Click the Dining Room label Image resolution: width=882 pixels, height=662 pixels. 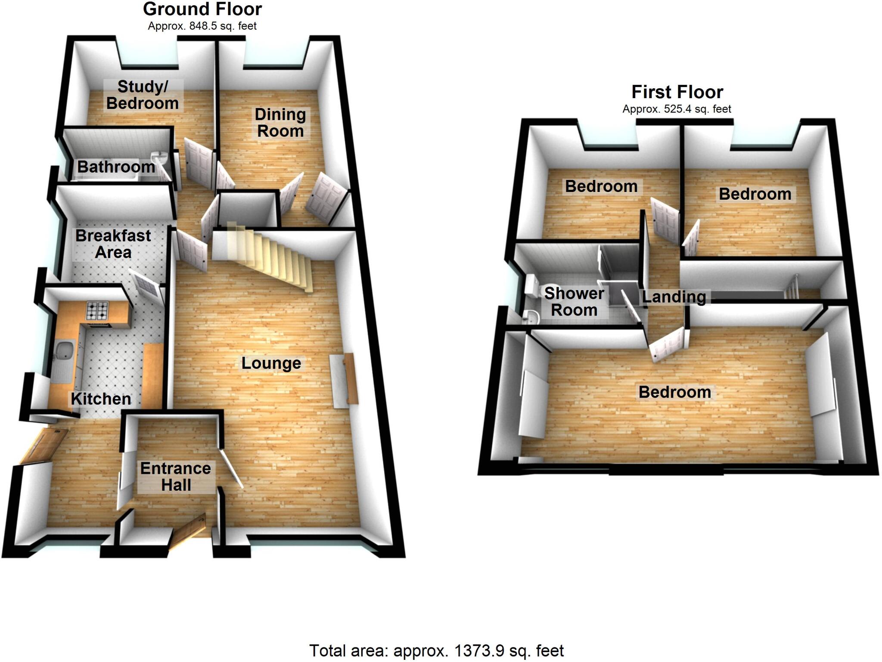[x=280, y=123]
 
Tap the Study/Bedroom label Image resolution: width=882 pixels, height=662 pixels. [x=143, y=95]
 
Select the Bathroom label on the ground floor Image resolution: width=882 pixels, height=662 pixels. [x=116, y=167]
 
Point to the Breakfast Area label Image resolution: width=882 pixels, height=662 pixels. [x=113, y=244]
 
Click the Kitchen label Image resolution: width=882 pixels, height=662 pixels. [x=101, y=399]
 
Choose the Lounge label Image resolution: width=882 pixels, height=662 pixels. [x=271, y=363]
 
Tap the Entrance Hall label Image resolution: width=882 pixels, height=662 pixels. [x=176, y=476]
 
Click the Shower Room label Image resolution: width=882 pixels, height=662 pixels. [x=574, y=302]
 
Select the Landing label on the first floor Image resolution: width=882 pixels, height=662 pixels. [x=674, y=297]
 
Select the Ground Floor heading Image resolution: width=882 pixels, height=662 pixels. [x=202, y=9]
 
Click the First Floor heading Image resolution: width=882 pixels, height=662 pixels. [x=677, y=92]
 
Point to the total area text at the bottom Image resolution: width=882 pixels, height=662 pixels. [x=436, y=650]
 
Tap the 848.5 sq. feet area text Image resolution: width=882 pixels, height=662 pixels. [x=202, y=26]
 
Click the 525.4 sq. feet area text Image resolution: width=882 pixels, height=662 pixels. [x=677, y=109]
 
